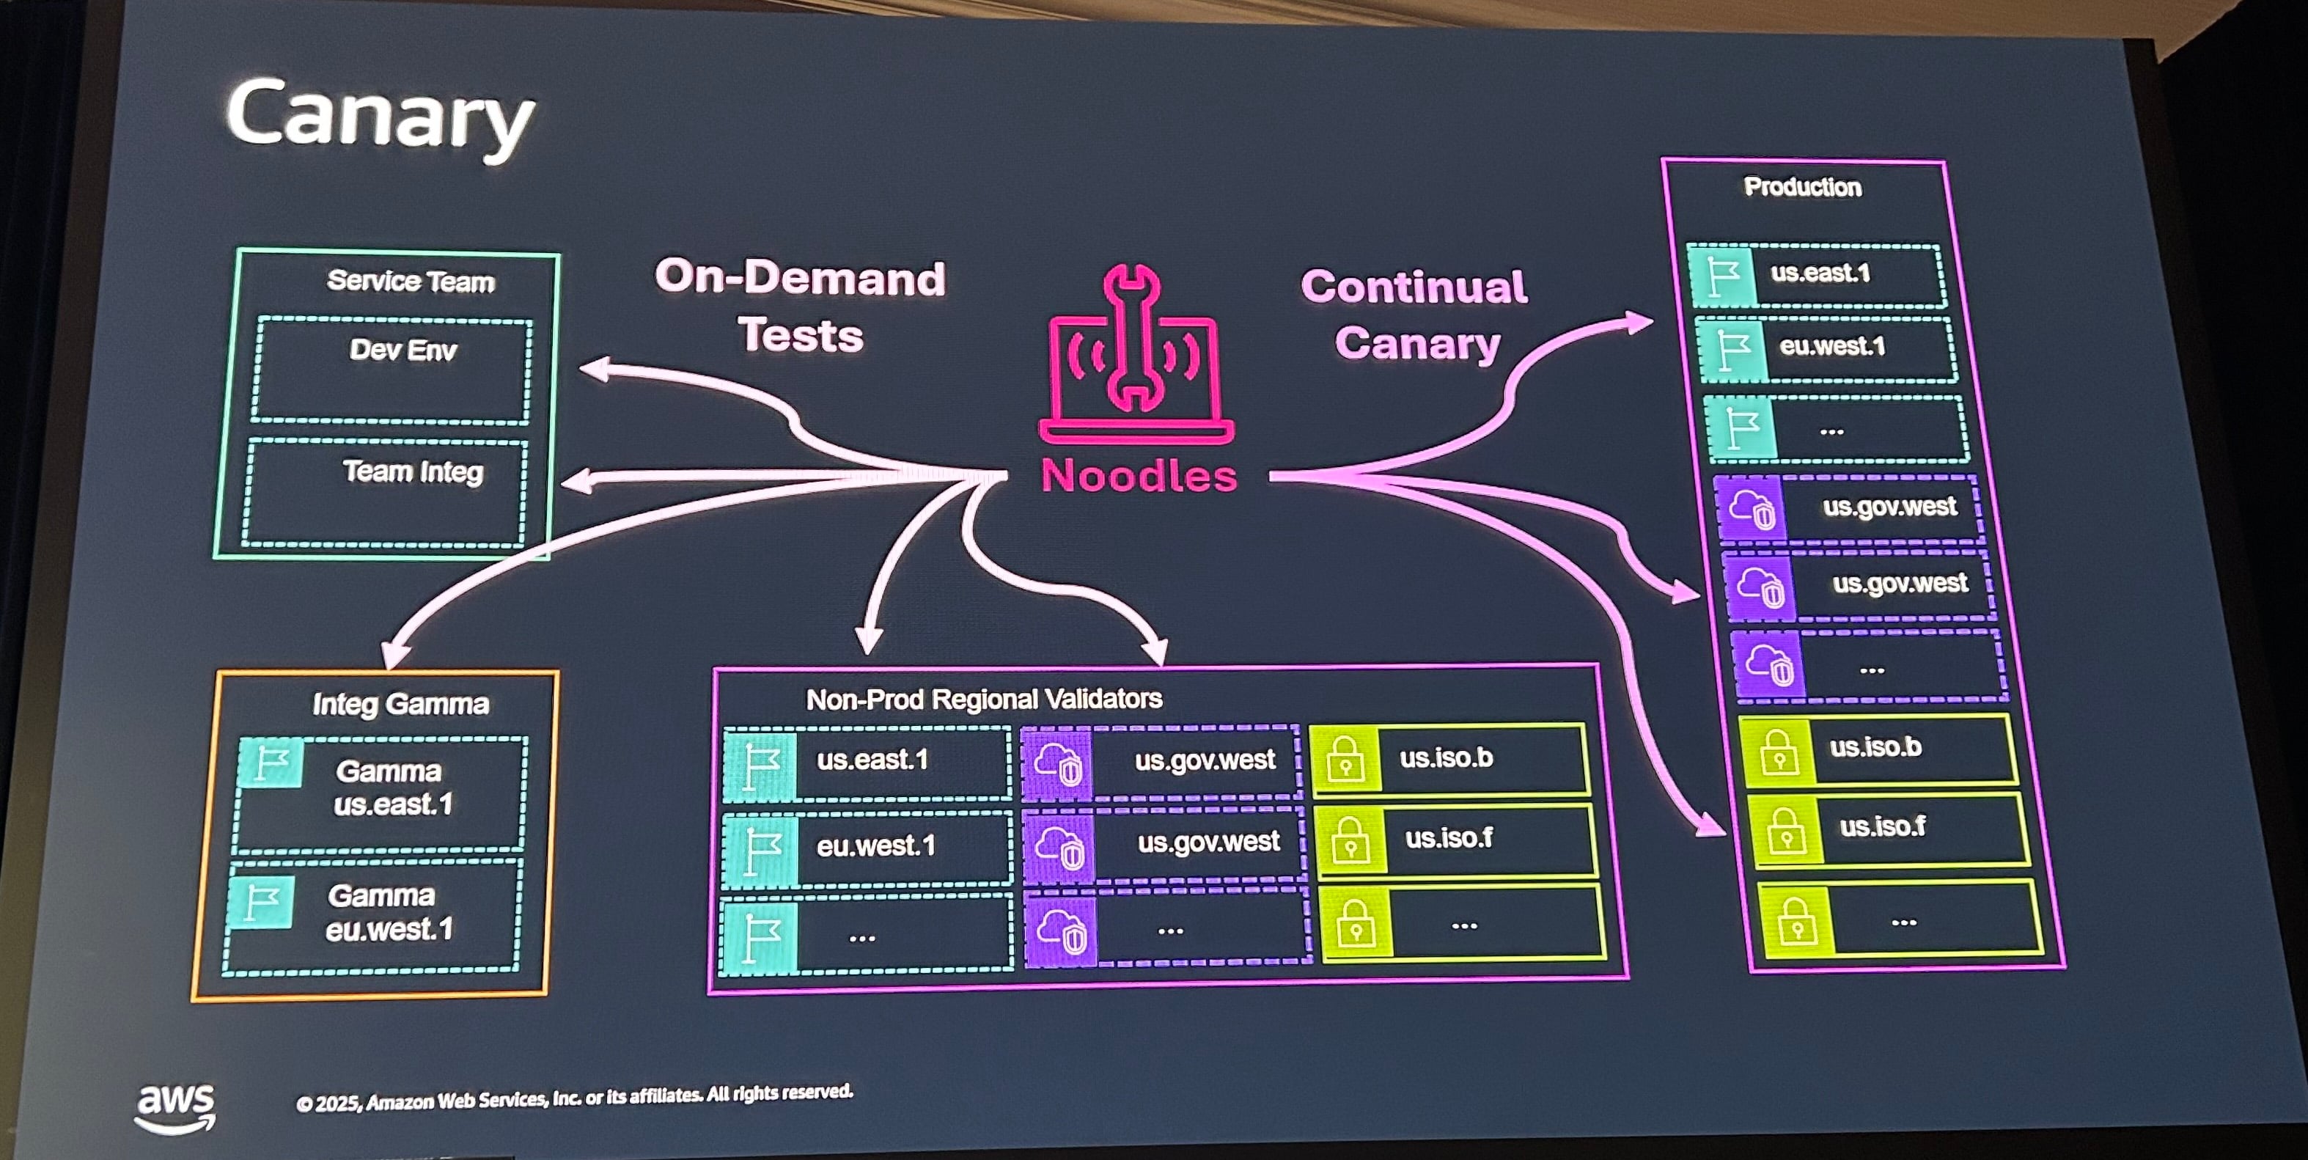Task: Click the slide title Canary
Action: pos(380,117)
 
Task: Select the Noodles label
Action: pos(1139,474)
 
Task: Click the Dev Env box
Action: pos(392,369)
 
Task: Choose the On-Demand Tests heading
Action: pos(800,306)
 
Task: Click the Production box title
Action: pos(1802,186)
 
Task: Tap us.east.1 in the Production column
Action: pos(1820,272)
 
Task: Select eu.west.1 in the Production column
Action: pos(1831,346)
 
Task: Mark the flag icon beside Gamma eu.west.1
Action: pos(262,901)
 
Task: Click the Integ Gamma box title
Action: pos(400,704)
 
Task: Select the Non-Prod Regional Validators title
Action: pos(984,699)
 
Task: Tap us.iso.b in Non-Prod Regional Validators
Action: pos(1446,757)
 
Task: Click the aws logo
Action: pos(176,1107)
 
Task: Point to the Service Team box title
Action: pos(411,282)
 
